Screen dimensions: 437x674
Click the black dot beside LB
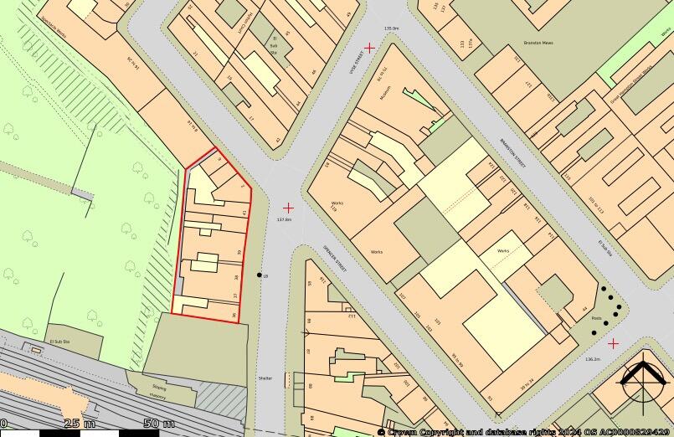259,275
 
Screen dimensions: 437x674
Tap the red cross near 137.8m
288,207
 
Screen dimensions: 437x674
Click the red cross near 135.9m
369,48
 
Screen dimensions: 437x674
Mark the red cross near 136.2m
613,343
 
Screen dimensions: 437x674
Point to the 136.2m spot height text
592,358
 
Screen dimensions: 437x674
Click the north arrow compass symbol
643,384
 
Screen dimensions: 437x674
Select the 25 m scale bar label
79,423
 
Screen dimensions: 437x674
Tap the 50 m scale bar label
158,423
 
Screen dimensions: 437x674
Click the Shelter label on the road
265,378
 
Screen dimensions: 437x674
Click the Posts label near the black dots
595,319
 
